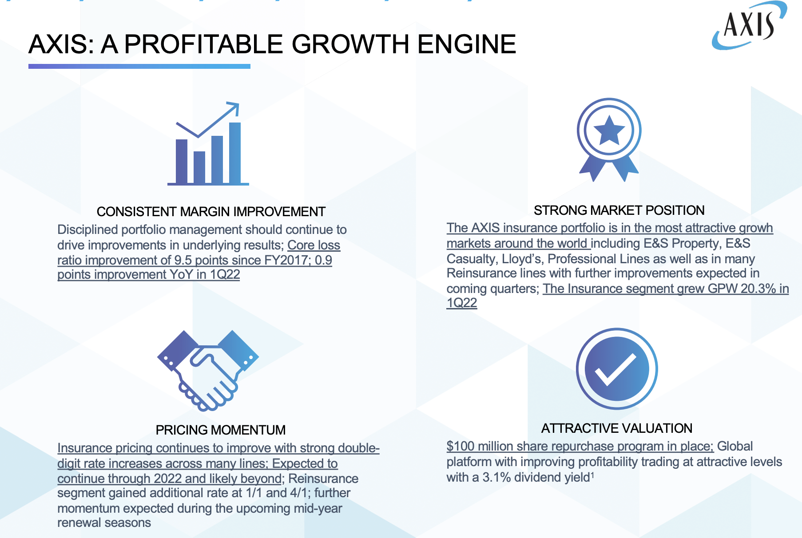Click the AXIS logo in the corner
click(749, 25)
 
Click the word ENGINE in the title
click(466, 44)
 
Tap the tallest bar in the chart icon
click(235, 153)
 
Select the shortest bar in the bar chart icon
click(199, 167)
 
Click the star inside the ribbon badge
click(609, 131)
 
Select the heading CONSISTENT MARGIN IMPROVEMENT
click(211, 212)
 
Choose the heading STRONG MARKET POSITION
click(619, 210)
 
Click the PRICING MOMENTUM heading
click(221, 430)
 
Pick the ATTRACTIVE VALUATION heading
click(617, 428)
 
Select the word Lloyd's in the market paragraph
click(523, 259)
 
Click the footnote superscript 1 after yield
click(592, 475)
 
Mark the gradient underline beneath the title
click(139, 66)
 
